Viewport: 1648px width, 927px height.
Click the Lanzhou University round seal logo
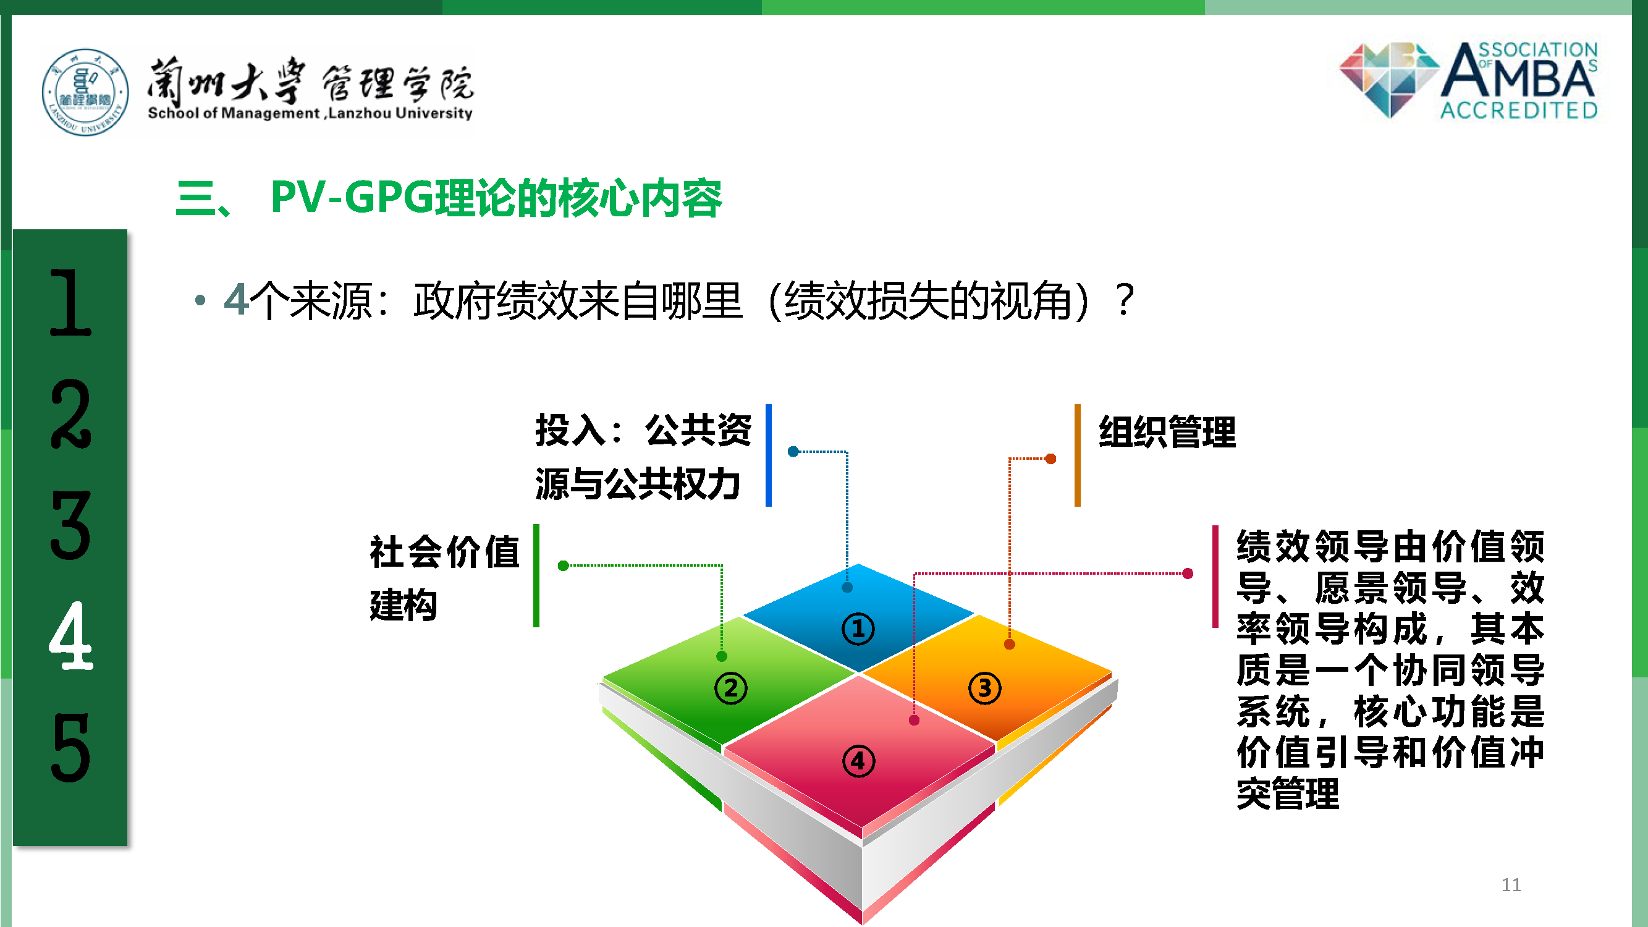click(85, 92)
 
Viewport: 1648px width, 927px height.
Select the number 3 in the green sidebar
click(70, 525)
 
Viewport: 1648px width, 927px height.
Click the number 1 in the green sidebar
click(70, 302)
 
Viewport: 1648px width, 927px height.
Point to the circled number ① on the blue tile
click(858, 629)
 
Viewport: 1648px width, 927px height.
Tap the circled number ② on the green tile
click(730, 688)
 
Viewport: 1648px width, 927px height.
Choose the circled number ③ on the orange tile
click(984, 688)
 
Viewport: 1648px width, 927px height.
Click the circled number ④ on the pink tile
click(858, 761)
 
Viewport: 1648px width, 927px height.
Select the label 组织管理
click(1167, 432)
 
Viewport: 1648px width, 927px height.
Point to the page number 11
click(1511, 885)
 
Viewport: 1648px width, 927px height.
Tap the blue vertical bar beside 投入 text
click(768, 455)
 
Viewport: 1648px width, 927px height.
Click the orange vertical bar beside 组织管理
click(1077, 455)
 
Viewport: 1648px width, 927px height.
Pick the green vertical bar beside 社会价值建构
click(536, 576)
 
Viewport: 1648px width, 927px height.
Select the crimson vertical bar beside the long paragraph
click(1215, 577)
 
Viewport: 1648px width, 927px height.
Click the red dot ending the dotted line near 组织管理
click(1050, 459)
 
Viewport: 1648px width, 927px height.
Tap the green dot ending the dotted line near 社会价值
click(563, 565)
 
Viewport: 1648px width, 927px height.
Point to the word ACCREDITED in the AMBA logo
click(1519, 111)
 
